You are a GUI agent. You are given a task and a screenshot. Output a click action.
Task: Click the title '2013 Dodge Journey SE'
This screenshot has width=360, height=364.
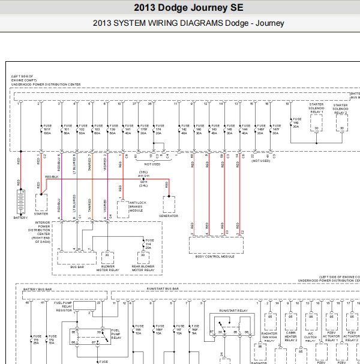(x=179, y=8)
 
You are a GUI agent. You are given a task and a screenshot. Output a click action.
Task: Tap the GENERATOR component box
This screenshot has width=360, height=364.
(x=169, y=204)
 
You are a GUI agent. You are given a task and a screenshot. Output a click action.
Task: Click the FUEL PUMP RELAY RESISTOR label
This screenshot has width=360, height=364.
(x=64, y=290)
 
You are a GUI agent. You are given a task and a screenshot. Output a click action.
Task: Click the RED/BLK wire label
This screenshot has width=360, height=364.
(x=52, y=177)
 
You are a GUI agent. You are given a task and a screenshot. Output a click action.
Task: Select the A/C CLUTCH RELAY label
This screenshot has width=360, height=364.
(x=311, y=338)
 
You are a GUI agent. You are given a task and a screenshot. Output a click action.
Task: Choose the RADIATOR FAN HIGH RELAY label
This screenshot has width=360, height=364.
(x=269, y=338)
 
